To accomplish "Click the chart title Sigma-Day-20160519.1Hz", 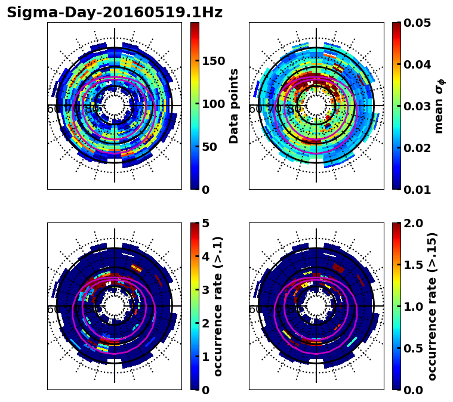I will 115,13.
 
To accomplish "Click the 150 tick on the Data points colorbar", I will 213,61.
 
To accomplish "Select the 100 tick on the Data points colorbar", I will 213,104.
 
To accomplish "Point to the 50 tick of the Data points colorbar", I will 209,147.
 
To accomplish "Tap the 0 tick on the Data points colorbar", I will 206,190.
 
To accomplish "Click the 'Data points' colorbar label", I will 234,106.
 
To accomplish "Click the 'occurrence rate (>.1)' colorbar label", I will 218,306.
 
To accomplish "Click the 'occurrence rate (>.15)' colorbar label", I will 433,306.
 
